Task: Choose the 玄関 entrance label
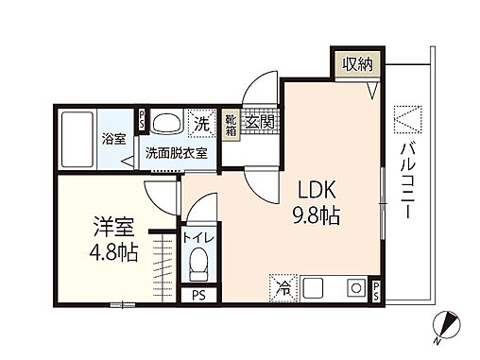[258, 123]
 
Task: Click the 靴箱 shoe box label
[231, 126]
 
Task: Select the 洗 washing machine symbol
[201, 123]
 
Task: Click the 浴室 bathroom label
[114, 139]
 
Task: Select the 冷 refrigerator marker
[284, 285]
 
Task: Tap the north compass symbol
[447, 326]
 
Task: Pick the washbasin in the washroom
[167, 123]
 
